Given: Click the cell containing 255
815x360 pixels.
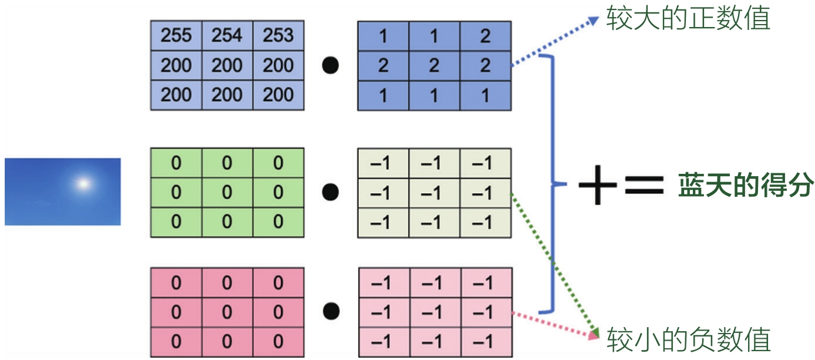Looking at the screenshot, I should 176,36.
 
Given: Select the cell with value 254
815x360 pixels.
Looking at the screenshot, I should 227,36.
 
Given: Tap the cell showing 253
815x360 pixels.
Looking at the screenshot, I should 278,36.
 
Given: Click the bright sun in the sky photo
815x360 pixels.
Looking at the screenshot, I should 83,184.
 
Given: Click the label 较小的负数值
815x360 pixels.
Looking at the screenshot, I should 688,339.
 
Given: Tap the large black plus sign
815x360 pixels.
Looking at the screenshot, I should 597,184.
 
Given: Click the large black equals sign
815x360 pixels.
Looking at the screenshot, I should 644,184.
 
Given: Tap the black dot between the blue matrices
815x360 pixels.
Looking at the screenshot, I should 331,66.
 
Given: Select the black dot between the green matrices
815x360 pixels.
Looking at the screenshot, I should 331,192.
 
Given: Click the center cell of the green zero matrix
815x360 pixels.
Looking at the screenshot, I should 227,193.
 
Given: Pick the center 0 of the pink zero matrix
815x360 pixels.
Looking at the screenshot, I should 227,312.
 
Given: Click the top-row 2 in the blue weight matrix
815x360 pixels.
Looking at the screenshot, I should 485,36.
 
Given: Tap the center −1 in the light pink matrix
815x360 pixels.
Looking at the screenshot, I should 434,312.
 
